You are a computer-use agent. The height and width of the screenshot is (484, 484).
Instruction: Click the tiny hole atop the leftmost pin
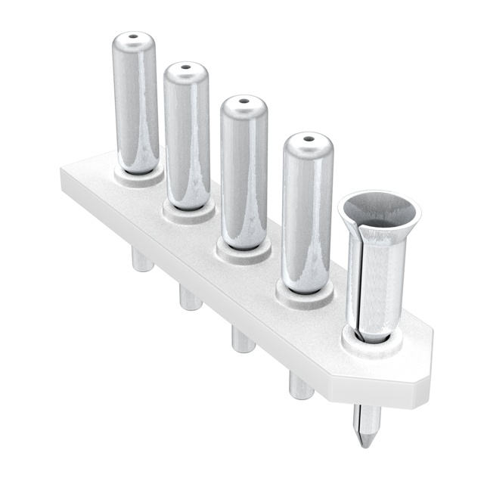pos(134,36)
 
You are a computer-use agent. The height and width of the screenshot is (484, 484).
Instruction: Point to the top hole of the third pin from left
pos(244,99)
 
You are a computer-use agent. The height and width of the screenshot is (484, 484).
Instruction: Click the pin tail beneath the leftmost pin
pos(141,261)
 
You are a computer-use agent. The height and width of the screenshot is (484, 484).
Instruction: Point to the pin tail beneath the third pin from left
pos(243,340)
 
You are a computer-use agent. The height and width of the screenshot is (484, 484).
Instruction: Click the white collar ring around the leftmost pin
pos(138,178)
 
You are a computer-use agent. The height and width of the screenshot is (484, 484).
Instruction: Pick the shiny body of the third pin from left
pos(244,170)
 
